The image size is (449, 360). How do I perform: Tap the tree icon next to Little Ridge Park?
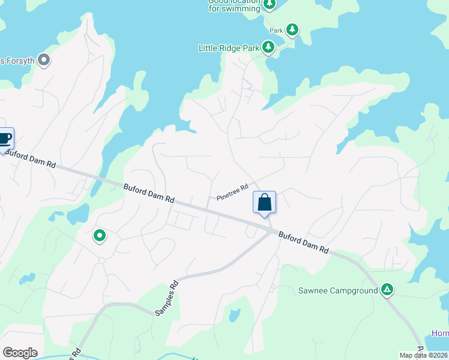pyautogui.click(x=268, y=47)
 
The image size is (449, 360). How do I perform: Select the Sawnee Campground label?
pyautogui.click(x=338, y=291)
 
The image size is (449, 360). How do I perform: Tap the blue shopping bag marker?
pyautogui.click(x=264, y=203)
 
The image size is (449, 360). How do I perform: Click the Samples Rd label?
pyautogui.click(x=167, y=298)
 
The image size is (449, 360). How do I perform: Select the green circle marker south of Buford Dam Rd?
pyautogui.click(x=100, y=236)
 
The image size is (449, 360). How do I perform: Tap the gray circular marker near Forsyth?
pyautogui.click(x=43, y=59)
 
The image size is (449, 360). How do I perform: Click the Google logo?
pyautogui.click(x=20, y=353)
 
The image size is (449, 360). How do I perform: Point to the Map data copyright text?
pyautogui.click(x=424, y=355)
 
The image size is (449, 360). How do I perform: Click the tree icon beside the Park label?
pyautogui.click(x=292, y=29)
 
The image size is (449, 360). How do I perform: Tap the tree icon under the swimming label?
pyautogui.click(x=270, y=4)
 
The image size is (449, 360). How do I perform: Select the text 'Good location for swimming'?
pyautogui.click(x=234, y=5)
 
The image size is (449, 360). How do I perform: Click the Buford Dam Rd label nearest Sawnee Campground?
pyautogui.click(x=304, y=242)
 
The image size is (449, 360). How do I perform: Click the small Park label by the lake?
pyautogui.click(x=276, y=30)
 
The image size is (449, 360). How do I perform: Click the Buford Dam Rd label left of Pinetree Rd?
pyautogui.click(x=149, y=194)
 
